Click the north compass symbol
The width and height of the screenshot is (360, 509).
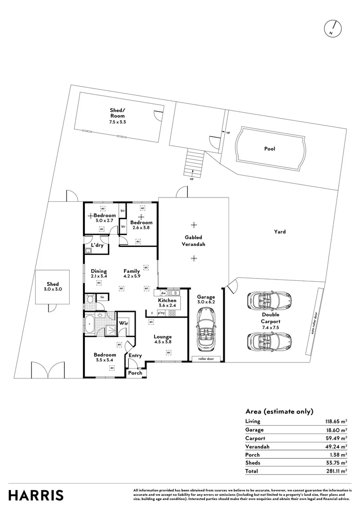tap(332, 29)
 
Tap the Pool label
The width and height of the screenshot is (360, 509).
tap(270, 149)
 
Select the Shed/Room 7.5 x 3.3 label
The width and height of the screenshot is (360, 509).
tap(117, 115)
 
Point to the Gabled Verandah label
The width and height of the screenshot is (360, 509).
tap(193, 241)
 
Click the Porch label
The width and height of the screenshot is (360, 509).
tap(135, 373)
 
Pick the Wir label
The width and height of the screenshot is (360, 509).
tap(123, 323)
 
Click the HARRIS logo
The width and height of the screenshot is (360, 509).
tap(36, 495)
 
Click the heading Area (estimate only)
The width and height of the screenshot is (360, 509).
tap(279, 411)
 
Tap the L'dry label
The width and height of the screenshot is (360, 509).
tap(97, 246)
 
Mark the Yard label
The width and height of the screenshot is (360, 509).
tap(280, 232)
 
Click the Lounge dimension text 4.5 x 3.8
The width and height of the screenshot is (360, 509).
tap(163, 342)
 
